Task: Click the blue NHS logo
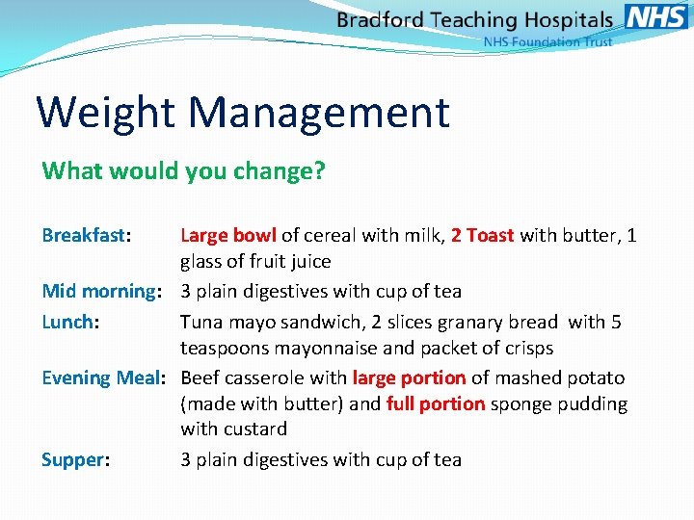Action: point(656,16)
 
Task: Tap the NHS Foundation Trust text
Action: point(547,42)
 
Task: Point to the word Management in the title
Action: point(319,112)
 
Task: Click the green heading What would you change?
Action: point(184,171)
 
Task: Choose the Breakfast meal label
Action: point(86,235)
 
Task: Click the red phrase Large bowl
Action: point(228,235)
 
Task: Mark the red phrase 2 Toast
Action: point(482,235)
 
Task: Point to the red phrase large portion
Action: point(409,377)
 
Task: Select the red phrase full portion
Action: point(436,403)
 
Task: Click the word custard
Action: point(254,429)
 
